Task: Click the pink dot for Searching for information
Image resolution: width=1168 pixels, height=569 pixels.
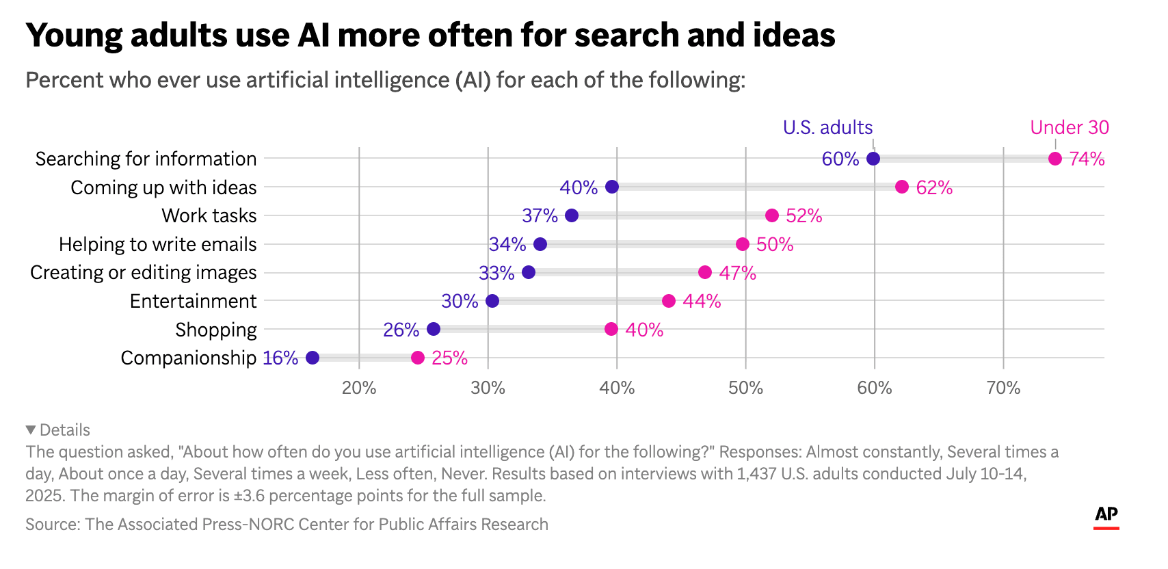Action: (x=1055, y=159)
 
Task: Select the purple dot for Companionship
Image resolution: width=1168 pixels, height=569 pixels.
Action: (x=313, y=358)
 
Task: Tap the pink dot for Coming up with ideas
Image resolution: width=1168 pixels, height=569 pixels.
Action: (x=902, y=187)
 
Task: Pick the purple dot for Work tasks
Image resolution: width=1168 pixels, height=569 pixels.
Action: (x=572, y=215)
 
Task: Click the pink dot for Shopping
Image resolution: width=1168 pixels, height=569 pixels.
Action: (x=611, y=329)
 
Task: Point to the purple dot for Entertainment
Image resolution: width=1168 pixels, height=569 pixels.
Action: (x=492, y=301)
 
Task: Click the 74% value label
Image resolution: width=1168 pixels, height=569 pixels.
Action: (x=1087, y=159)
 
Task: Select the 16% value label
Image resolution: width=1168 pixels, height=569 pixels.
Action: (x=280, y=358)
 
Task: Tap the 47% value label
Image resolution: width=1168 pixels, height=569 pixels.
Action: (x=737, y=273)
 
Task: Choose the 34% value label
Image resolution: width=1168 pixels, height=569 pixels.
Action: (x=507, y=244)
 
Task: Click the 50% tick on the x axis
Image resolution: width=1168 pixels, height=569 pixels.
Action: (x=745, y=388)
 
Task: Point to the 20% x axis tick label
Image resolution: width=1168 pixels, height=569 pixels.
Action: (x=359, y=388)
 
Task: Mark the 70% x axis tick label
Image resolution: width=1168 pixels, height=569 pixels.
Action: (x=1003, y=388)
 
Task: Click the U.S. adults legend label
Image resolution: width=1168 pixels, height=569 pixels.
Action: (x=827, y=128)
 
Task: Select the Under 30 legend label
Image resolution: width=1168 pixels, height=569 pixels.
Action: (x=1070, y=128)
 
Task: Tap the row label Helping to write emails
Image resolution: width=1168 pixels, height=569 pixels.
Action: (x=158, y=244)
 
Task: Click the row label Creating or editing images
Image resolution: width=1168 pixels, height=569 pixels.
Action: (x=144, y=272)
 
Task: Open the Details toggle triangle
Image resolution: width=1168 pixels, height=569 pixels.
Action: (x=31, y=429)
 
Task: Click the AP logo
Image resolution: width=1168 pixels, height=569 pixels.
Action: (x=1106, y=516)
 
